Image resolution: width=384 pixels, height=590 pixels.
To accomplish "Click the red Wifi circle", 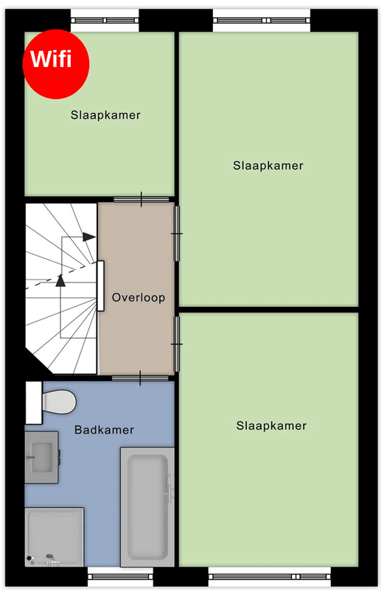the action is (56, 64).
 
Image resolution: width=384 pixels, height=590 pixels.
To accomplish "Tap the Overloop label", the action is (139, 297).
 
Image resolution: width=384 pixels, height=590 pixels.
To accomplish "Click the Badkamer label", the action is (104, 430).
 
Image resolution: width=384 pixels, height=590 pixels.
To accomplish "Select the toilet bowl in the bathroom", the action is (60, 402).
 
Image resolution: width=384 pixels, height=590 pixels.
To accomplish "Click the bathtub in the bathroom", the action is (147, 507).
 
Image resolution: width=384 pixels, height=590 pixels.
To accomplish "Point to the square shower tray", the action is (55, 537).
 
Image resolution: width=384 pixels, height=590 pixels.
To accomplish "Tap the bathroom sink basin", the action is (41, 457).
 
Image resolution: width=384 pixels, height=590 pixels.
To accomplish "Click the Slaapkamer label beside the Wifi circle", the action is (105, 115).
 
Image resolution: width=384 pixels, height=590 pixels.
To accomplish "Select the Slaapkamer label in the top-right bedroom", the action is (268, 165).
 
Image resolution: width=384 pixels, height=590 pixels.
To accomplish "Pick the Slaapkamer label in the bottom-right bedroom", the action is (271, 426).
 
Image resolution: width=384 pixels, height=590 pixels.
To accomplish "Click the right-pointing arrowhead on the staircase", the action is (89, 237).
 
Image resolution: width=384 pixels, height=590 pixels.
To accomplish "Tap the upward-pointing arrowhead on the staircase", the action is (60, 281).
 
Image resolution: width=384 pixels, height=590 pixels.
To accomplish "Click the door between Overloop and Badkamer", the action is (140, 378).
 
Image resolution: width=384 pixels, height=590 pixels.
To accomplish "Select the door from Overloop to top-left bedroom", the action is (142, 199).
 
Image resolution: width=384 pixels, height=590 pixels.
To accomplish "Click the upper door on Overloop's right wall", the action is (176, 234).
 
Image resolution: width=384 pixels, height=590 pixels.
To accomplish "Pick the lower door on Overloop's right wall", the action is (176, 344).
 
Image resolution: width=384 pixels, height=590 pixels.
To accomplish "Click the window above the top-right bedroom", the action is (262, 21).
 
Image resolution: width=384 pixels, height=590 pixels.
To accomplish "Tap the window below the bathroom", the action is (120, 577).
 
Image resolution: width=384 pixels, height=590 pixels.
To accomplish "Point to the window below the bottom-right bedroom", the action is (269, 577).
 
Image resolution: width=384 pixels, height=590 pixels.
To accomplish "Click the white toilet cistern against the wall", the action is (33, 403).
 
